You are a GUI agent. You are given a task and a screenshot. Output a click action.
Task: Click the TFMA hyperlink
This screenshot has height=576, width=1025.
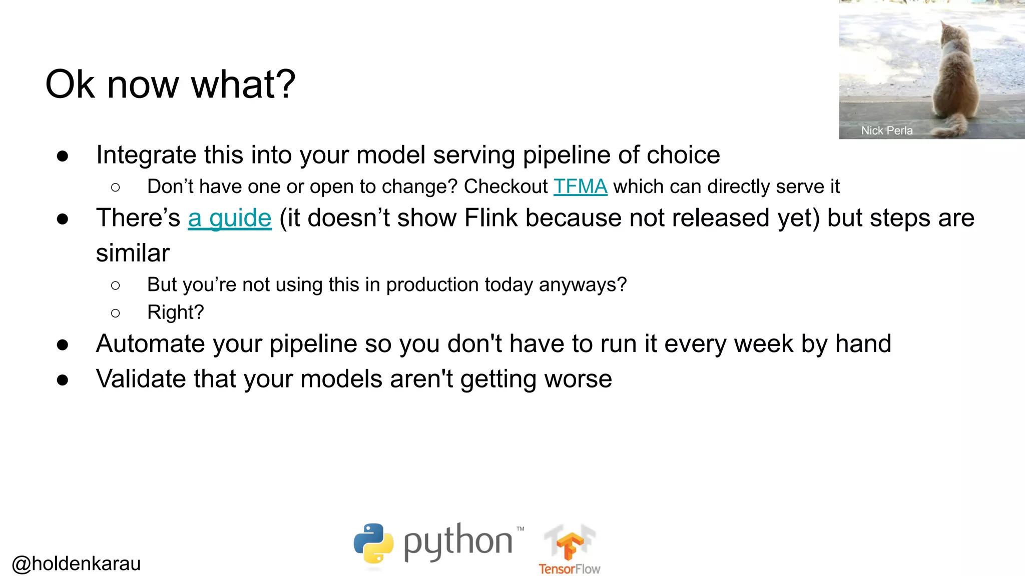click(x=580, y=186)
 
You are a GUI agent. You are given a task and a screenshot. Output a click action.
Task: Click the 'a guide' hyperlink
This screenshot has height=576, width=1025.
click(x=230, y=218)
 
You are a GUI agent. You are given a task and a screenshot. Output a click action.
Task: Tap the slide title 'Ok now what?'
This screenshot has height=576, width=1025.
click(x=170, y=84)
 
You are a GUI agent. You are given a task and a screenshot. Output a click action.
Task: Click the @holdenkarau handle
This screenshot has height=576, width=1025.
click(x=76, y=563)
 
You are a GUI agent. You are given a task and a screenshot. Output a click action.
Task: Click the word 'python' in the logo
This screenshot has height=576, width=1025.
click(x=458, y=542)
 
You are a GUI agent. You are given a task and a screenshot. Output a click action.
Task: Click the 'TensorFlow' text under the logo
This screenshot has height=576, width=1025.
click(x=569, y=569)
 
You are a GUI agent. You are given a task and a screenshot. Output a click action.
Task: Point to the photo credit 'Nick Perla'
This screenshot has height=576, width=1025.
click(x=886, y=130)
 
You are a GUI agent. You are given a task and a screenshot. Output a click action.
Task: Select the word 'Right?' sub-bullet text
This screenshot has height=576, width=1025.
click(x=175, y=312)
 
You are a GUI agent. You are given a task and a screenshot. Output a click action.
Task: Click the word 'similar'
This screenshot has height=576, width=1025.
click(x=133, y=253)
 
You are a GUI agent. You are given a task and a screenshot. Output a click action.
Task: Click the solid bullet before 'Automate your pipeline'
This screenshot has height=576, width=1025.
click(x=63, y=345)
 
